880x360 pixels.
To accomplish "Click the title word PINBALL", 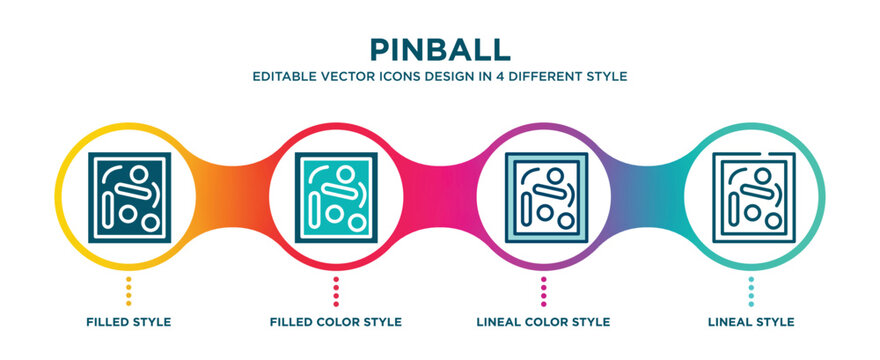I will point(440,49).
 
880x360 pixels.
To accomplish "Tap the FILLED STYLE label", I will point(128,322).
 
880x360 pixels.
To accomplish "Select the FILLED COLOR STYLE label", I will point(336,322).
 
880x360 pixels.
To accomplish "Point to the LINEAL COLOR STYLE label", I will point(544,322).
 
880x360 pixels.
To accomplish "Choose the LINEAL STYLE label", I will point(752,322).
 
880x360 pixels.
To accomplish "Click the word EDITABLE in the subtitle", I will point(284,76).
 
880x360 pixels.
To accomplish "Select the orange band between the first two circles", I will point(232,186).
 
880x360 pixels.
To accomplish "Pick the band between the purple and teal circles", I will point(648,186).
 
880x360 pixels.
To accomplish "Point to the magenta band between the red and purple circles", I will point(440,186).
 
